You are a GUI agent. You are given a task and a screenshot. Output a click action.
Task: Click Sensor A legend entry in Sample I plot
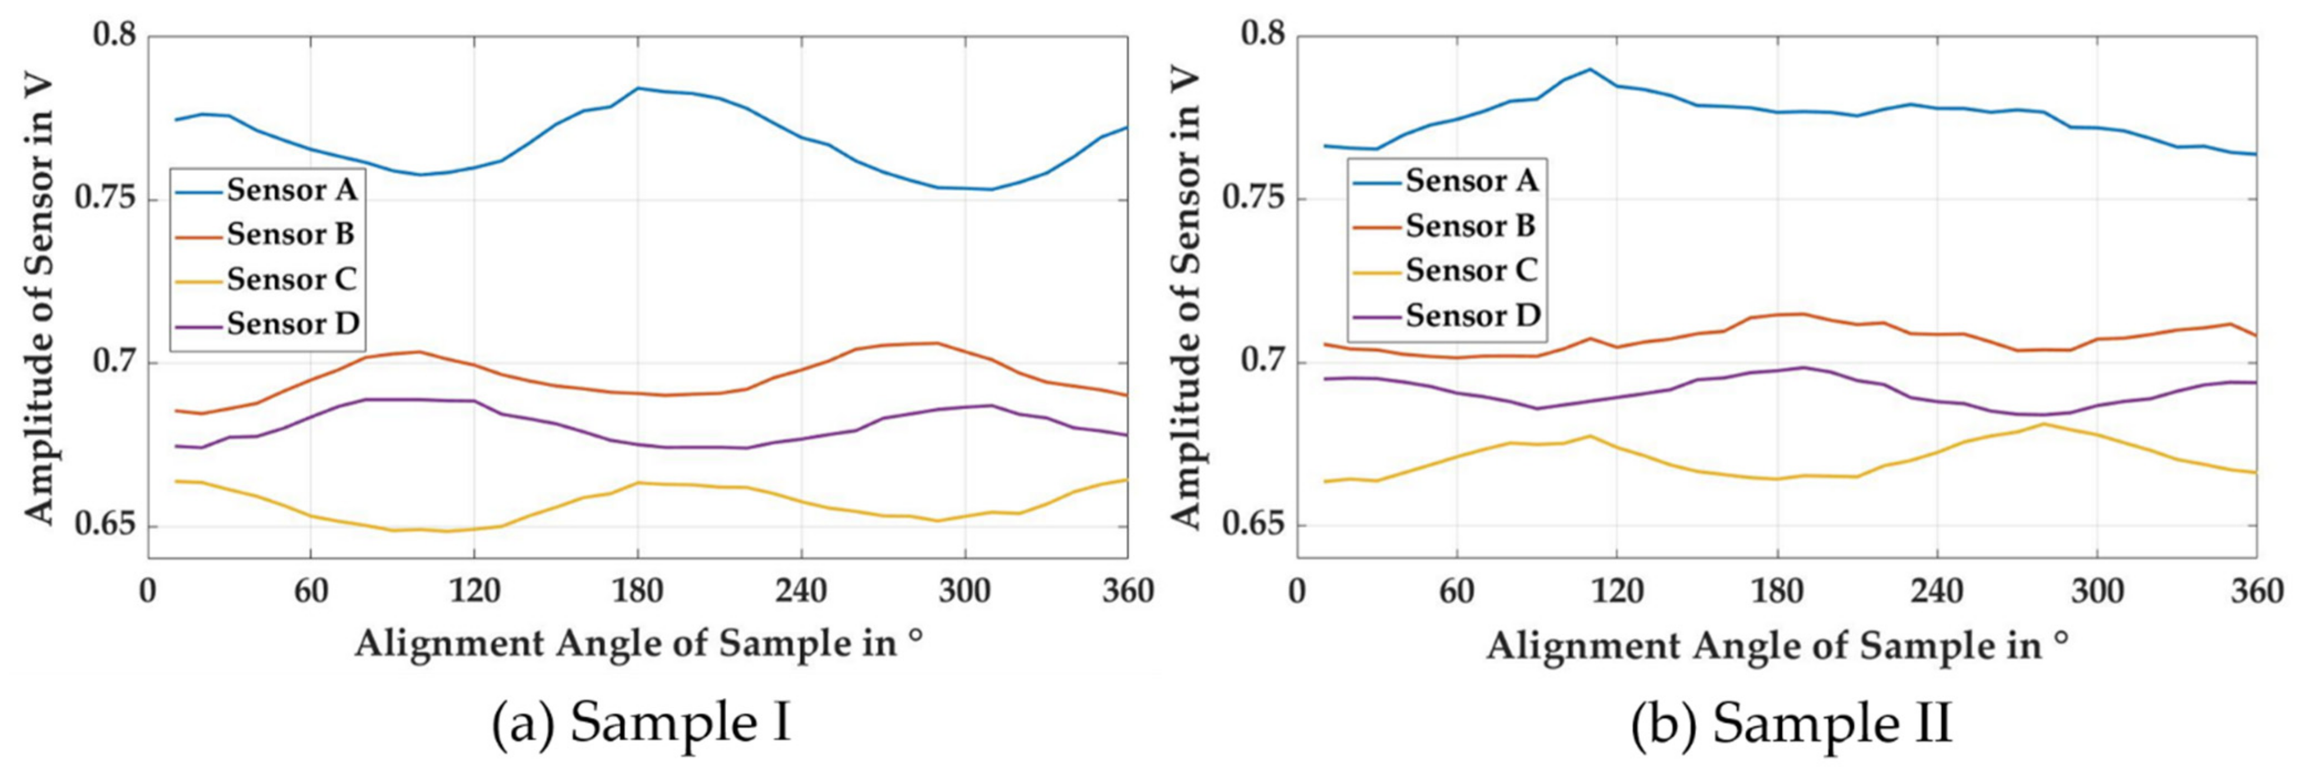[x=291, y=190]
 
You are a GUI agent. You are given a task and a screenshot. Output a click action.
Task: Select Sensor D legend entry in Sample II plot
[x=1472, y=316]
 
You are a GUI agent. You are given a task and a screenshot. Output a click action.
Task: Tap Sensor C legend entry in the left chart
[x=291, y=279]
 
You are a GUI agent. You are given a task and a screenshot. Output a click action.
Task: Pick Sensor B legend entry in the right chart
[x=1470, y=226]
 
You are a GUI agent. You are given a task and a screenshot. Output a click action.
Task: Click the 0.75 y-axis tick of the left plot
[x=105, y=199]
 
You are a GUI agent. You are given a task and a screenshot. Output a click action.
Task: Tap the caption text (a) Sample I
[x=641, y=722]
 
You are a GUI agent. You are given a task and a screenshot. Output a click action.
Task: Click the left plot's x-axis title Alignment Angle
[x=639, y=644]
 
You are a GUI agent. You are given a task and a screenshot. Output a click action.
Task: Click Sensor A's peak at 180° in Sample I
[x=638, y=88]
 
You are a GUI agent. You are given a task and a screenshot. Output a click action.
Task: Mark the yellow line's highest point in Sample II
[x=2043, y=423]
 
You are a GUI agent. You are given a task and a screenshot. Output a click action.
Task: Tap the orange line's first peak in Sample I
[x=417, y=352]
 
